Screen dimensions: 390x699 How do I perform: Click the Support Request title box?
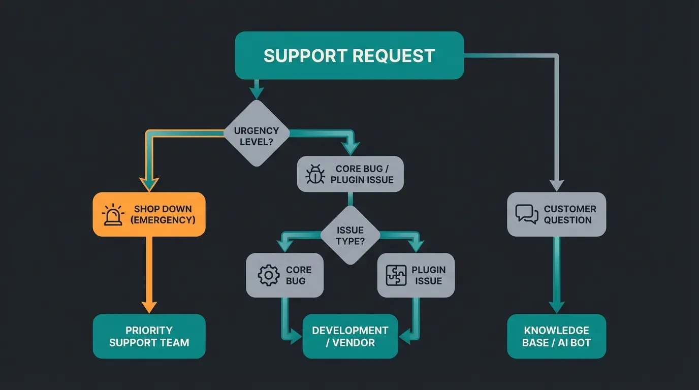click(349, 55)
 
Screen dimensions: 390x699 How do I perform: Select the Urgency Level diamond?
click(257, 133)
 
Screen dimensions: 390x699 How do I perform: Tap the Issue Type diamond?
click(350, 235)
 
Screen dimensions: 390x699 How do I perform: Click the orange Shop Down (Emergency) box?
click(149, 214)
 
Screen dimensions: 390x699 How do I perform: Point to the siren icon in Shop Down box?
click(113, 215)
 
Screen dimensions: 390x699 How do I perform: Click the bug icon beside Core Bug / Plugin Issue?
click(315, 174)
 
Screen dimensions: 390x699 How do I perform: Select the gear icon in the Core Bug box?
click(268, 275)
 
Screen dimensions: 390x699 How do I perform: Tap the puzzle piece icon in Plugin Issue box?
click(396, 275)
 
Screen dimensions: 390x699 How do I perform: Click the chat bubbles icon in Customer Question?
click(526, 214)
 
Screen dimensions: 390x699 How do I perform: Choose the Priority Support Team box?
click(149, 336)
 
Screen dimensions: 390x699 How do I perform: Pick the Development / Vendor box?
click(350, 336)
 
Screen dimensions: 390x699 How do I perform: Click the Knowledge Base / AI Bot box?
click(556, 336)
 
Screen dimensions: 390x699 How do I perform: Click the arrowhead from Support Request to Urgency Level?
click(257, 92)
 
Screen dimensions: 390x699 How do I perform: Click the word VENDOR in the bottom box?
click(354, 343)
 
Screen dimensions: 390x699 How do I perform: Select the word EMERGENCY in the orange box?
click(163, 220)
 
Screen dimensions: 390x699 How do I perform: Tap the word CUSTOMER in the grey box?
click(569, 209)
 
